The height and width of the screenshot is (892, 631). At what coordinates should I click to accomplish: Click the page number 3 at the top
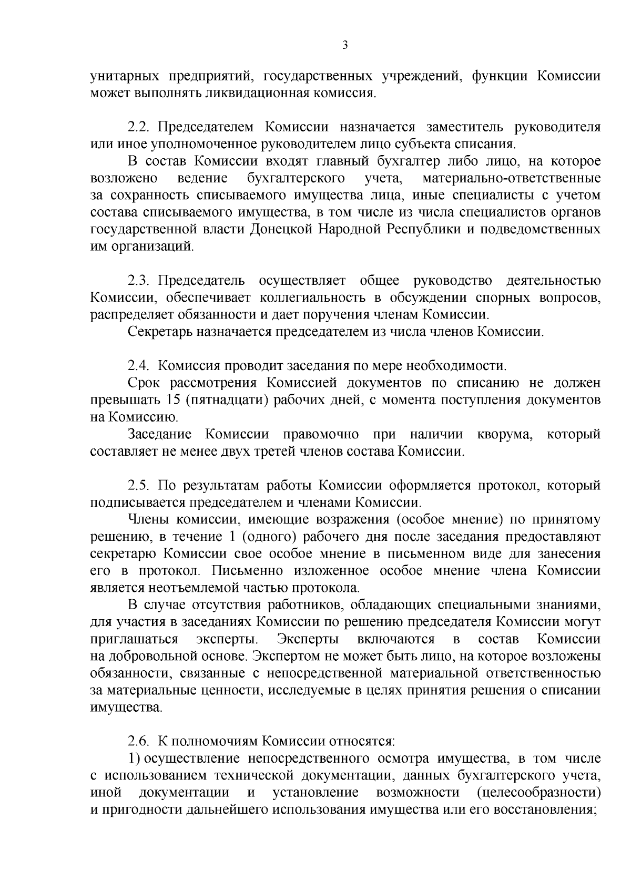pyautogui.click(x=345, y=45)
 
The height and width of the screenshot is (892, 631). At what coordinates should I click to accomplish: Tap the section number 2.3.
pyautogui.click(x=138, y=281)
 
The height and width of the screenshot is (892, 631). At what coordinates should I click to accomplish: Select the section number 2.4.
pyautogui.click(x=138, y=366)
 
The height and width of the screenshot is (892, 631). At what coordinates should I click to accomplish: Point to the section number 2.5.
pyautogui.click(x=138, y=485)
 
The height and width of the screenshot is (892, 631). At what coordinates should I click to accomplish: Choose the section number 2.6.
pyautogui.click(x=138, y=742)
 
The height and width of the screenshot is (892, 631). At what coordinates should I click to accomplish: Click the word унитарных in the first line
pyautogui.click(x=125, y=77)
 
